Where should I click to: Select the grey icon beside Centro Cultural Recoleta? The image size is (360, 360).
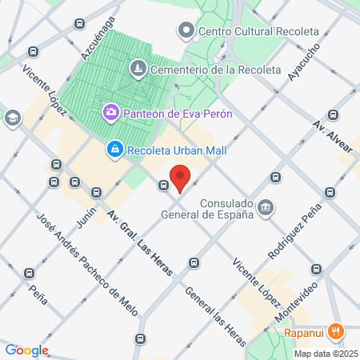pos(187,31)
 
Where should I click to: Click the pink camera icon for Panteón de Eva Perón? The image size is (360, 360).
pos(111,114)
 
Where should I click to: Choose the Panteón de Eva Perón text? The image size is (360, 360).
pos(178,114)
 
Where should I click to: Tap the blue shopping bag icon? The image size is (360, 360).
pos(115,150)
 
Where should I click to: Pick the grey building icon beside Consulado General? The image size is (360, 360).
pos(266,208)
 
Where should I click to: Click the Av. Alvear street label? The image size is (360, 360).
pos(331,138)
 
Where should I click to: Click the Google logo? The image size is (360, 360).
pos(26,350)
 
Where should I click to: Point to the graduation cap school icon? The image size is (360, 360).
pos(12,118)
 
